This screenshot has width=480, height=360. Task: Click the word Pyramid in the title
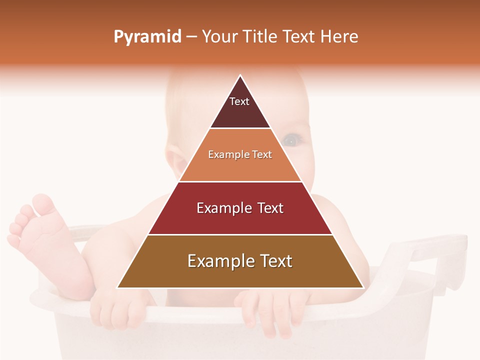pos(147,37)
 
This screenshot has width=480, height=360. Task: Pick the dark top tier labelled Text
pos(240,107)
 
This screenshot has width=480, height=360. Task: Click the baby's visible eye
pos(292,140)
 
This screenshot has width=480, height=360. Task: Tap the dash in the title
pos(191,37)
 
